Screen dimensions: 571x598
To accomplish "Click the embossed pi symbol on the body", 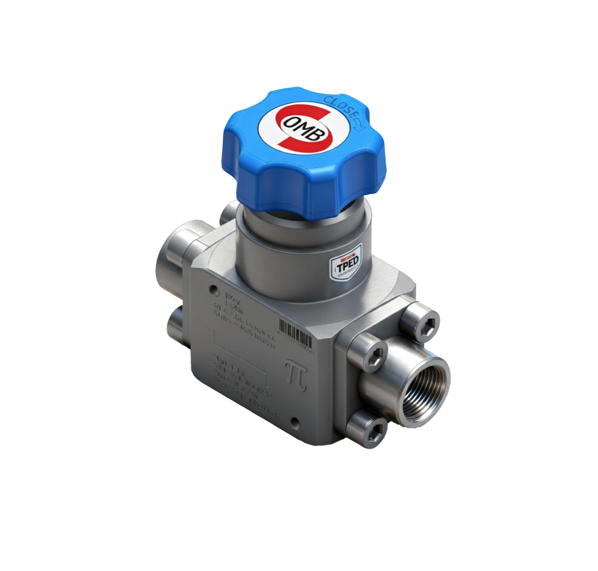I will pos(296,375).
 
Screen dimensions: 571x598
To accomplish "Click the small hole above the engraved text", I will pos(214,290).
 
